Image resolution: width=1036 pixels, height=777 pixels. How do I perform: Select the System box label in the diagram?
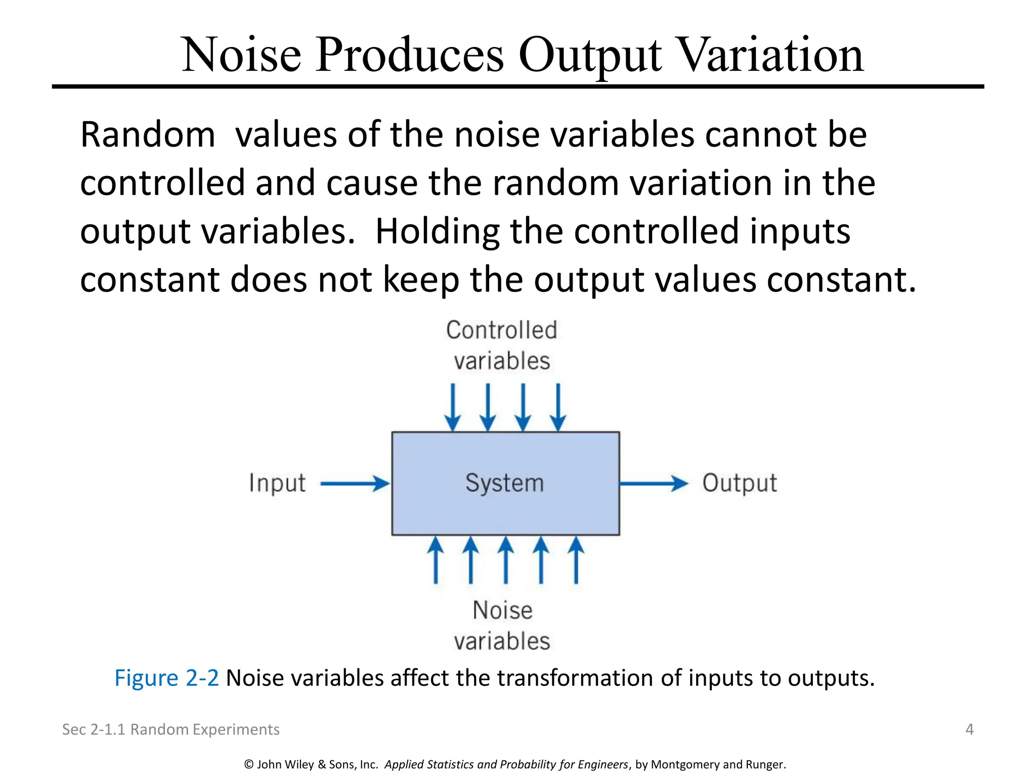click(x=504, y=483)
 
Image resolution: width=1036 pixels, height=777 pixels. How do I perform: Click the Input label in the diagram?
click(x=277, y=483)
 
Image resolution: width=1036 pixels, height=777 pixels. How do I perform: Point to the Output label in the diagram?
click(x=739, y=483)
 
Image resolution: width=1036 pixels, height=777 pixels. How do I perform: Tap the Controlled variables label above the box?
click(x=502, y=346)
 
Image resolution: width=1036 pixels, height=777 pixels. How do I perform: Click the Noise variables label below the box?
click(x=502, y=626)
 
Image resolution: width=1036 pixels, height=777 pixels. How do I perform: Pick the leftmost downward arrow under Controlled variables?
click(x=453, y=407)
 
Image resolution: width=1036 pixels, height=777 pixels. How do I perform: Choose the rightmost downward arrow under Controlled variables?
click(x=558, y=407)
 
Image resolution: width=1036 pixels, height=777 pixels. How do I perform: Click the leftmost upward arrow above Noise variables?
click(x=436, y=560)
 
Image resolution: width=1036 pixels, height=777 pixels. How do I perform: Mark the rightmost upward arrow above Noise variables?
click(x=576, y=560)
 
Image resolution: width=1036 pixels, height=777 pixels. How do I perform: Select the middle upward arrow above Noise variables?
click(x=505, y=560)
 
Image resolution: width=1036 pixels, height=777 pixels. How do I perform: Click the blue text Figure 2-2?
click(x=166, y=678)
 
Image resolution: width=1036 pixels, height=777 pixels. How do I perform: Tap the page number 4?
click(x=969, y=729)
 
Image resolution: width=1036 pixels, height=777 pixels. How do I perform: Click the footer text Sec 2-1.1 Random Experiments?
click(x=170, y=729)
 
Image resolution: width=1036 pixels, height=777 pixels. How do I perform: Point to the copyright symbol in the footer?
click(x=248, y=764)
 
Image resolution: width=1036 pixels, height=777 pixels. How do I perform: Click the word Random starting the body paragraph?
click(x=148, y=135)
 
